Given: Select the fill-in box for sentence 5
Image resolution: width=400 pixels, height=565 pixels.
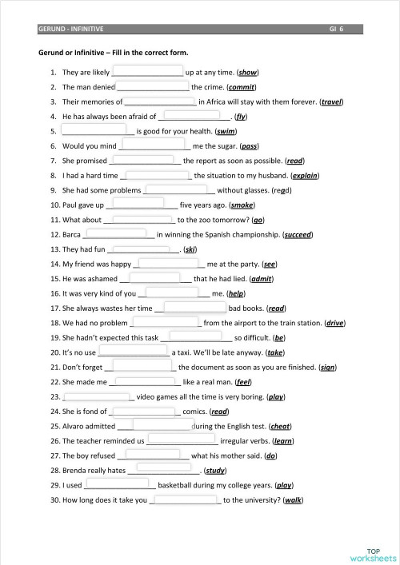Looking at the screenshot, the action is click(93, 129).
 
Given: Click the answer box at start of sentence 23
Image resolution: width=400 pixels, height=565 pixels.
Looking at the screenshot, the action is click(96, 396).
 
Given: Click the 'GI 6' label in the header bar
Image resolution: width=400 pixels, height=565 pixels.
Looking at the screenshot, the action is click(336, 29).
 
